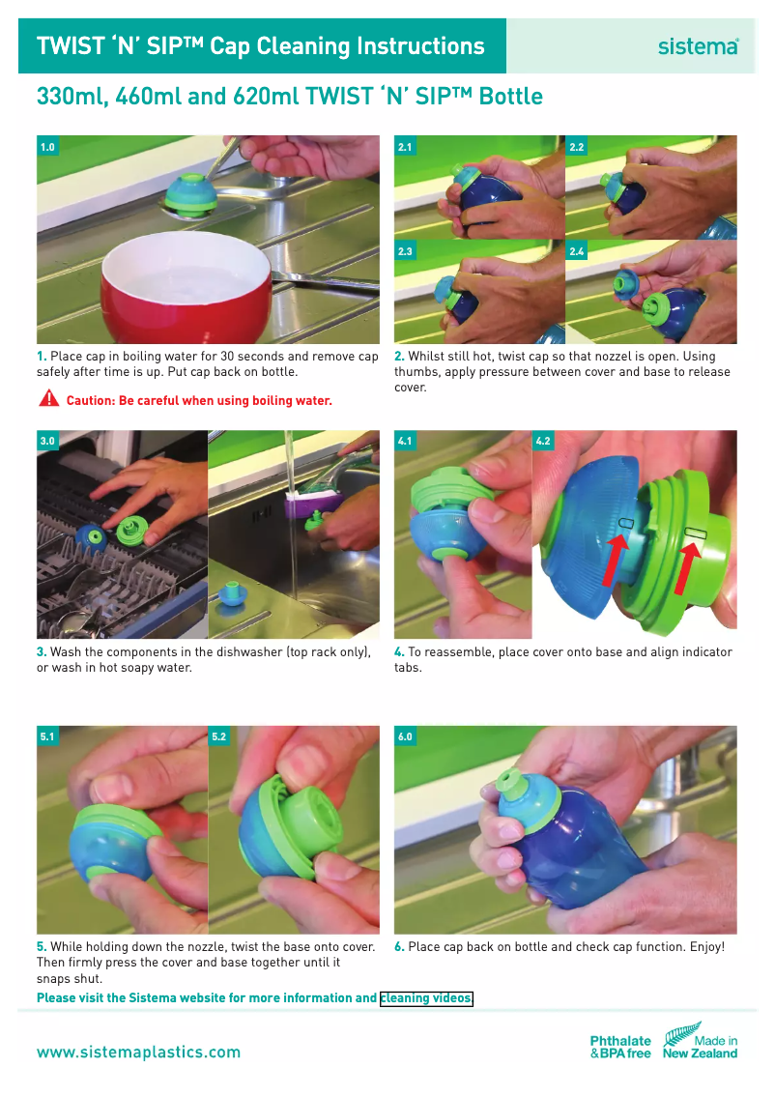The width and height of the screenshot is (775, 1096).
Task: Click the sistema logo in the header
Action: (x=698, y=45)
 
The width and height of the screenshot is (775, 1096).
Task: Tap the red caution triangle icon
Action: (x=48, y=399)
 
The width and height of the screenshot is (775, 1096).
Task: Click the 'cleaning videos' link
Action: (x=426, y=998)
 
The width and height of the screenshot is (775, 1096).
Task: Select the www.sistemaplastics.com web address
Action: (x=138, y=1052)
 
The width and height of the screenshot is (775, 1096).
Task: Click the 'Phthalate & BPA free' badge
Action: (x=620, y=1047)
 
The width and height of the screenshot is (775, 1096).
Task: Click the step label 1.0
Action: (x=47, y=147)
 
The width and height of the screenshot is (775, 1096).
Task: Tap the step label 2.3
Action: (x=405, y=251)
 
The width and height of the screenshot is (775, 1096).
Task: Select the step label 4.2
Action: (x=543, y=442)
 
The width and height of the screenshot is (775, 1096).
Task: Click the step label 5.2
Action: (x=219, y=736)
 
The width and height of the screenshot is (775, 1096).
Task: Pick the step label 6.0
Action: (x=405, y=736)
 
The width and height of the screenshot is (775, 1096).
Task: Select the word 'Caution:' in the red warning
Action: (x=90, y=400)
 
